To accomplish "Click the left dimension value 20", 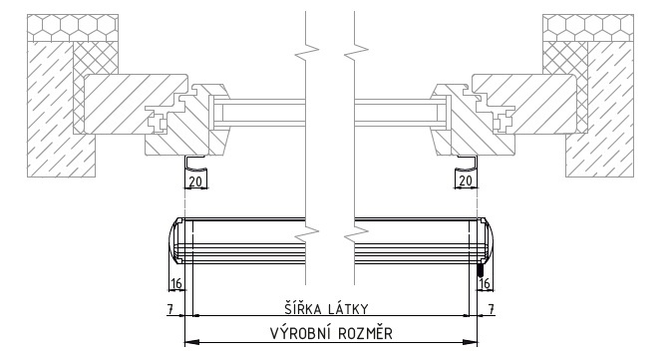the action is click(195, 181).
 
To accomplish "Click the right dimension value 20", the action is click(466, 180).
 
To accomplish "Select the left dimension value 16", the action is click(176, 283).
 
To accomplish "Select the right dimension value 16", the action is click(485, 283).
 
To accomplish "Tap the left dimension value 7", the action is click(170, 308).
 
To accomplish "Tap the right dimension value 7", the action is click(491, 308).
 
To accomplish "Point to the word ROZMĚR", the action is click(366, 333).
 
